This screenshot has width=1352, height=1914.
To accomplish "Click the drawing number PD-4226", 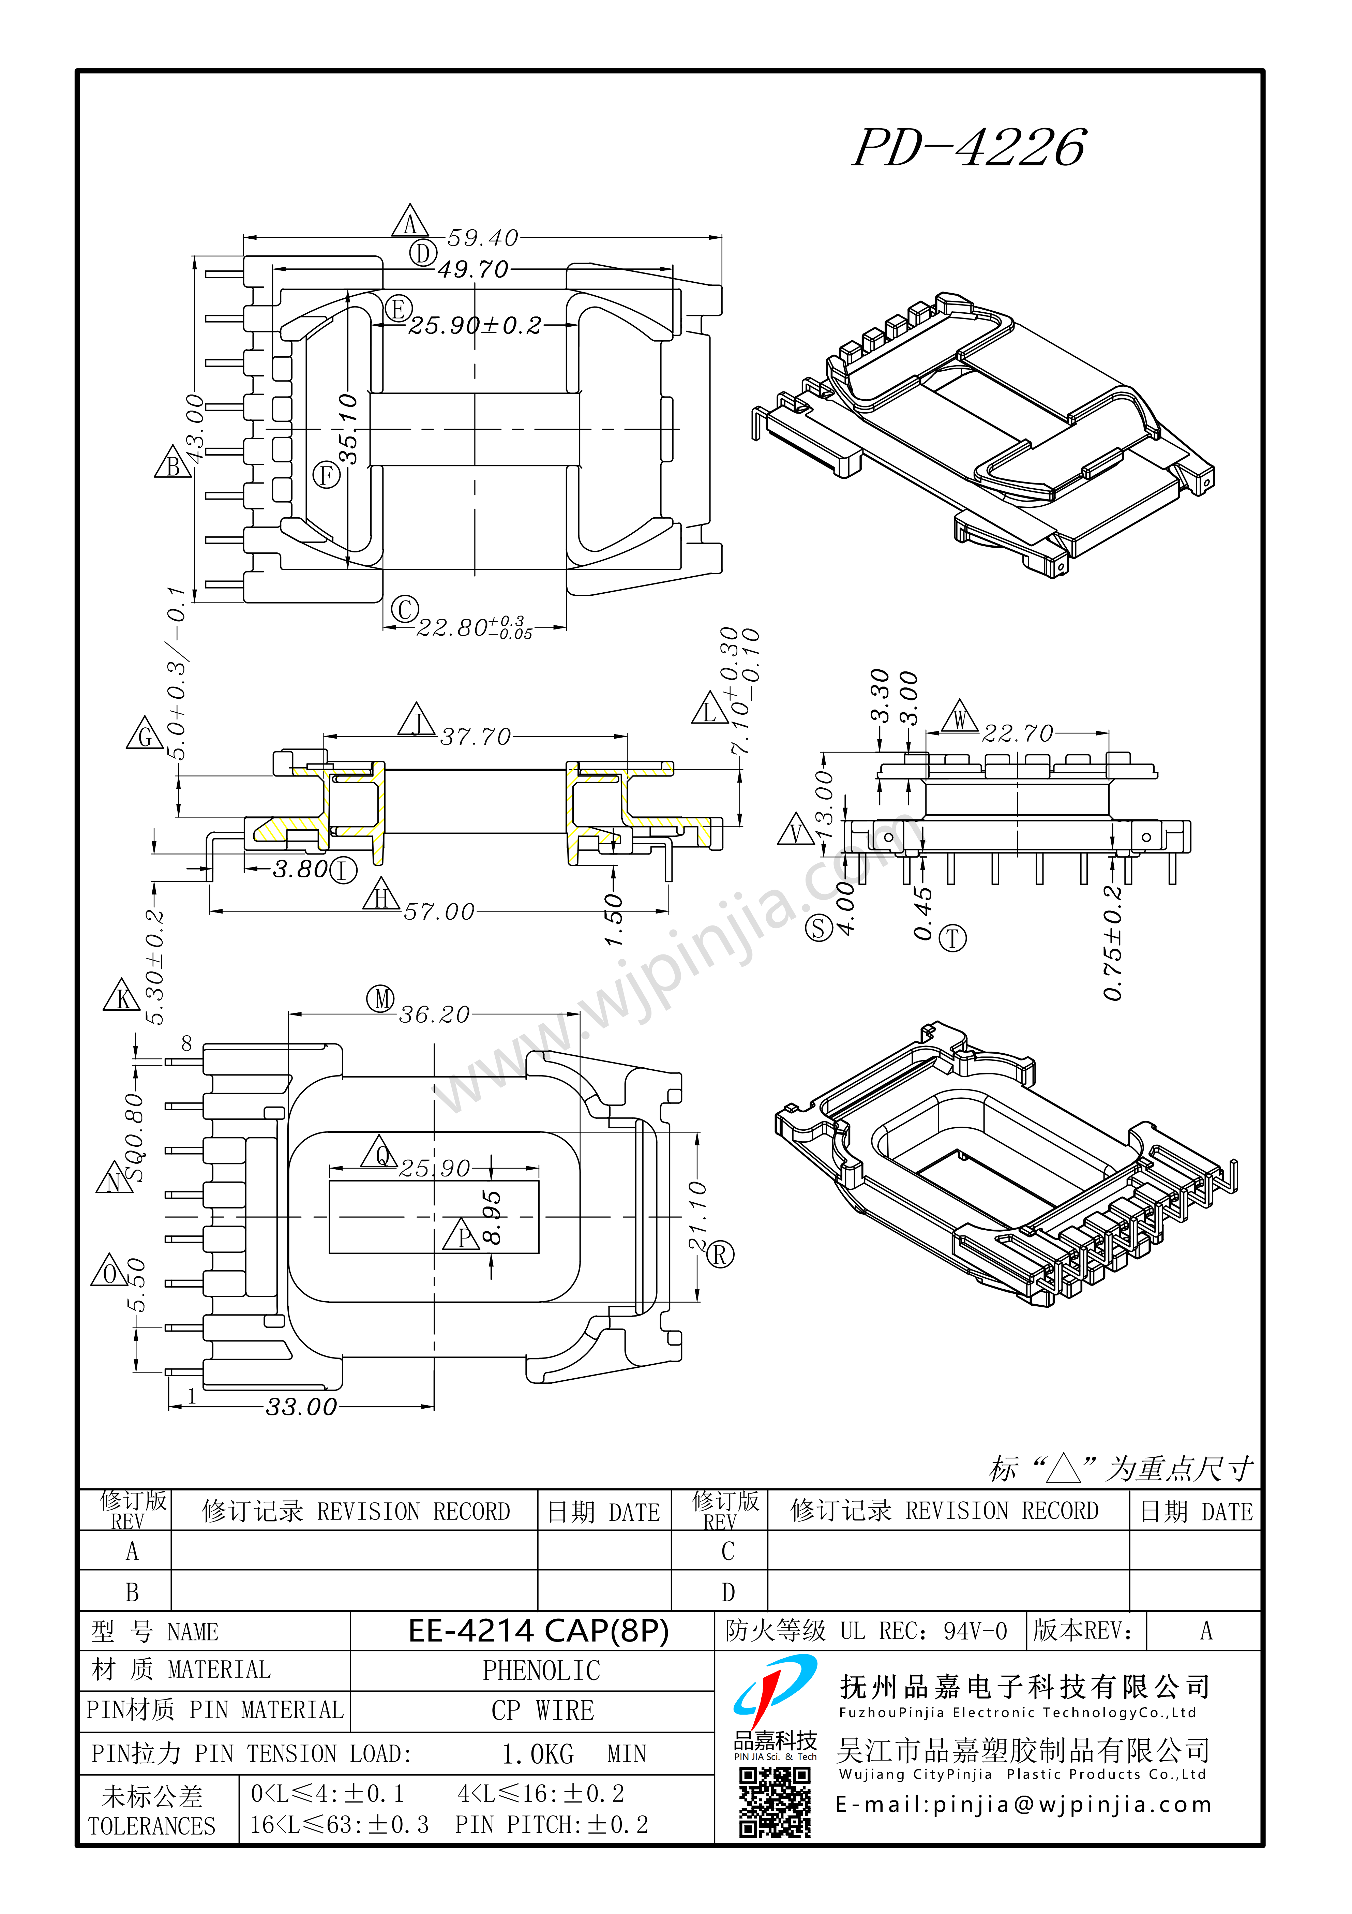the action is pyautogui.click(x=970, y=148).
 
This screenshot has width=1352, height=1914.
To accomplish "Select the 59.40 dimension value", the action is pyautogui.click(x=483, y=238).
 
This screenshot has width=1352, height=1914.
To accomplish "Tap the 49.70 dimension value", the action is pyautogui.click(x=472, y=269).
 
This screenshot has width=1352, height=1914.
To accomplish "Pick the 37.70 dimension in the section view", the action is pyautogui.click(x=475, y=737).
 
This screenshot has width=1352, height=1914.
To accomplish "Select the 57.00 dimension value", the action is pyautogui.click(x=439, y=912).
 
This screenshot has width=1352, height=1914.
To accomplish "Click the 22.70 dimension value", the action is pyautogui.click(x=1018, y=733).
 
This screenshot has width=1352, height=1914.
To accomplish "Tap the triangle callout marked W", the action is pyautogui.click(x=960, y=717).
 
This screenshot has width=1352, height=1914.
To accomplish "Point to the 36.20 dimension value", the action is pyautogui.click(x=434, y=1014).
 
